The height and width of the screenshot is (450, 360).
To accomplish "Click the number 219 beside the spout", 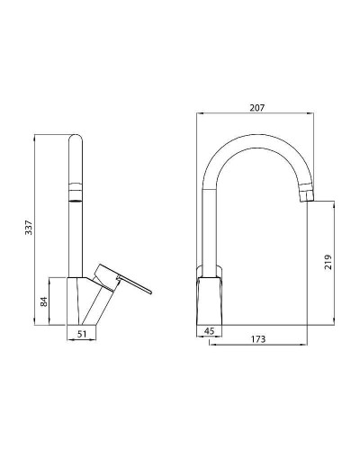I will pyautogui.click(x=328, y=262).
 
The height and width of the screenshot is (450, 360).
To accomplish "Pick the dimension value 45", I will pyautogui.click(x=209, y=330).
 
